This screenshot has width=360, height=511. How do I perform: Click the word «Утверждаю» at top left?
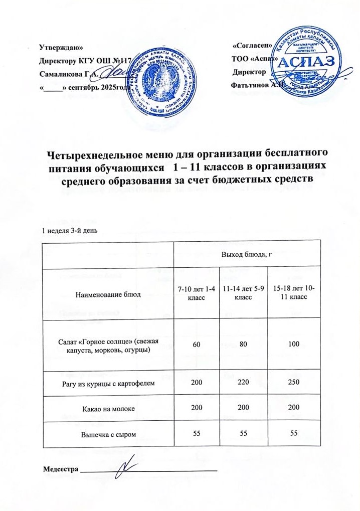click(x=61, y=48)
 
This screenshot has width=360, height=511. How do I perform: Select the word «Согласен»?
click(x=253, y=46)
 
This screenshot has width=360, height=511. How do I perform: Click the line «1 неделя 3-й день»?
click(x=69, y=231)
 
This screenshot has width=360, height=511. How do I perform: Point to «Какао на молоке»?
click(x=107, y=411)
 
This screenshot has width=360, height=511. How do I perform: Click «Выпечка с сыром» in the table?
click(x=107, y=435)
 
